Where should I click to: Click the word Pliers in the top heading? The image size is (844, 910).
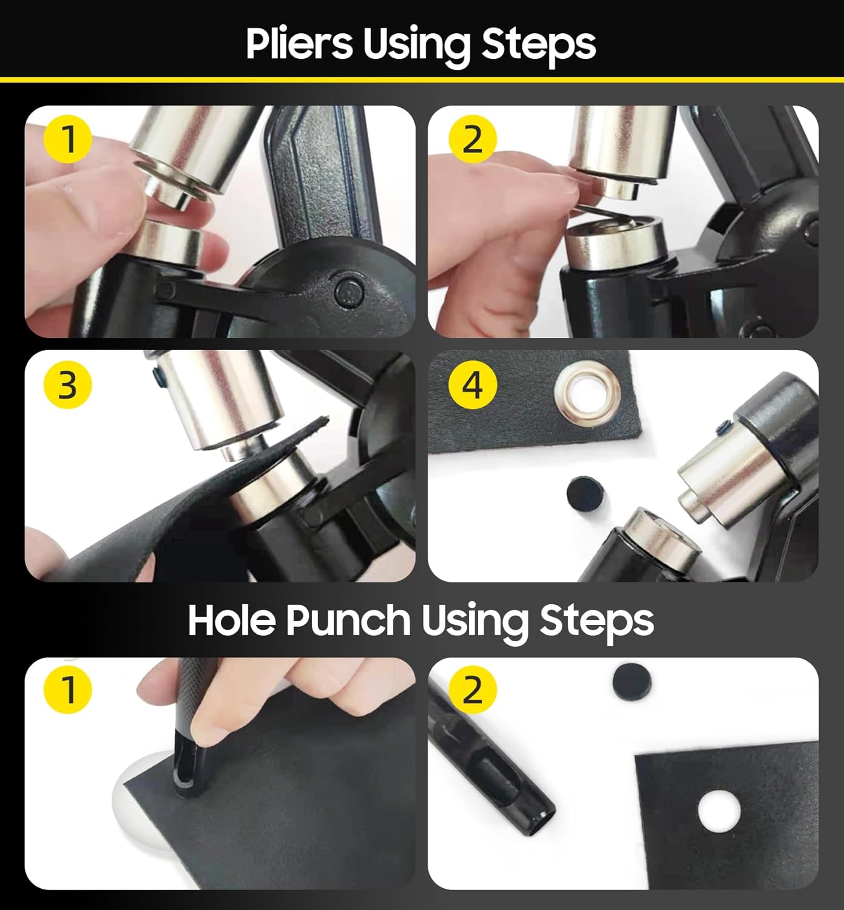click(x=299, y=44)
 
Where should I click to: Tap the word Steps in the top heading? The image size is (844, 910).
click(x=538, y=46)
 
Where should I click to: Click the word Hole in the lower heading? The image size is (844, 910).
click(x=232, y=620)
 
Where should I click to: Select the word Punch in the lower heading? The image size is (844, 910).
click(x=348, y=621)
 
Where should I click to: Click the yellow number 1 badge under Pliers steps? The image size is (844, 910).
click(x=68, y=139)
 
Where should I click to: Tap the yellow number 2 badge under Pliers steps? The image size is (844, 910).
click(x=472, y=139)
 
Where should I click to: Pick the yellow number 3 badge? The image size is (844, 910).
click(x=68, y=385)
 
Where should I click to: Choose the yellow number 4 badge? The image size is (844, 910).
click(x=472, y=385)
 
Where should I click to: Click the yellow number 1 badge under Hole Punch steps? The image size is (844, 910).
click(x=68, y=689)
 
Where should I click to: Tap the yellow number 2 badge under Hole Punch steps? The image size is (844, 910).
click(x=472, y=689)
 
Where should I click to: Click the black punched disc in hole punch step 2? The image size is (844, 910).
click(x=632, y=681)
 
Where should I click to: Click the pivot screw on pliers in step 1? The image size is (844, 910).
click(x=349, y=291)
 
